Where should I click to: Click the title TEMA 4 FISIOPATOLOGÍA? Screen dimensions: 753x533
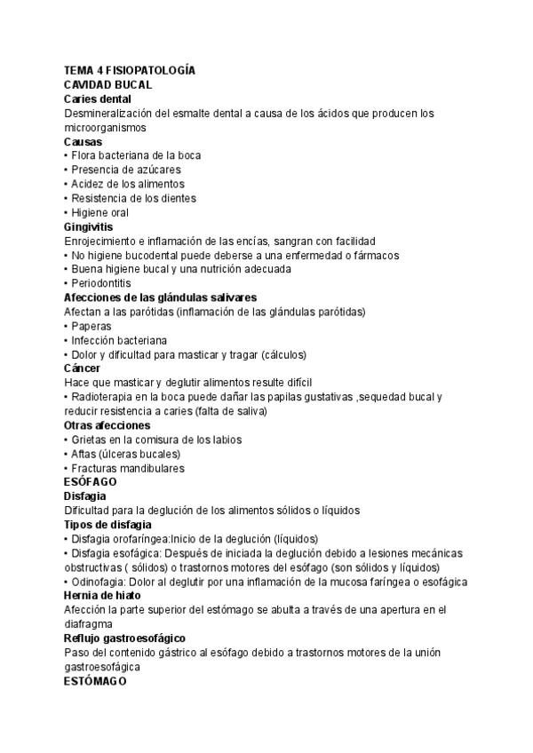pyautogui.click(x=130, y=70)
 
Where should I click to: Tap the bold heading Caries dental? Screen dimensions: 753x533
pyautogui.click(x=98, y=99)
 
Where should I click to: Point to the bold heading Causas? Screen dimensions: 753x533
pyautogui.click(x=84, y=141)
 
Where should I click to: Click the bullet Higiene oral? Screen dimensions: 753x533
pyautogui.click(x=99, y=212)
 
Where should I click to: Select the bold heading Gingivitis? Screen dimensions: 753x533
pyautogui.click(x=89, y=226)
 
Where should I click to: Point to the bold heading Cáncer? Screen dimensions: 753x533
pyautogui.click(x=83, y=368)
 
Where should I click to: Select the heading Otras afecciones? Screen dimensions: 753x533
pyautogui.click(x=107, y=425)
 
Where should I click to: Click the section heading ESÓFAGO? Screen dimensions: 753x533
pyautogui.click(x=91, y=482)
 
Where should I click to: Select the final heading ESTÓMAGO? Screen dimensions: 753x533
pyautogui.click(x=96, y=681)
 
